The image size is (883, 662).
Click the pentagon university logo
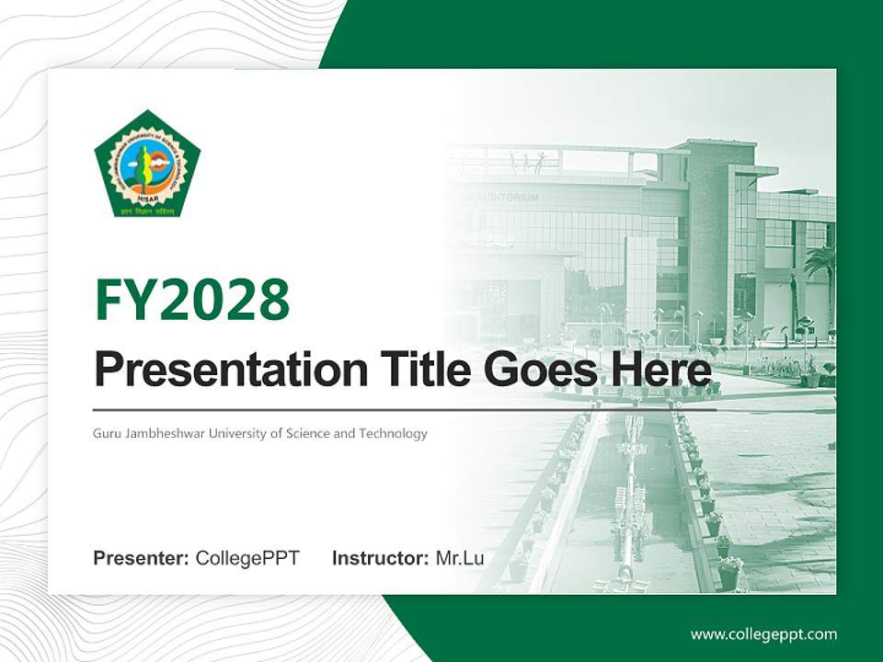click(147, 165)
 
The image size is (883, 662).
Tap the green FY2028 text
click(192, 300)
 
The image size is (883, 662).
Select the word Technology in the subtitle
click(393, 433)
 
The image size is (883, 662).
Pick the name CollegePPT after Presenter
click(247, 558)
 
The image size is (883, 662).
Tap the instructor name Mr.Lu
click(460, 558)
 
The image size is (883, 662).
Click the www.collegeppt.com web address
click(763, 633)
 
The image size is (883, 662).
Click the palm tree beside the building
click(819, 267)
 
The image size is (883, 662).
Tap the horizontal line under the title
click(405, 409)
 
